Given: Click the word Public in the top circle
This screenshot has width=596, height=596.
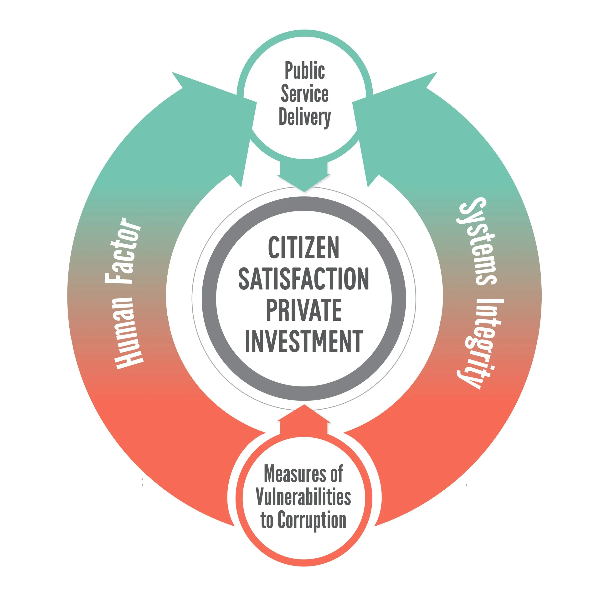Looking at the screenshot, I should coord(304,71).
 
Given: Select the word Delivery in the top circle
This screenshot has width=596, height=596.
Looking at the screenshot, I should coord(304,118).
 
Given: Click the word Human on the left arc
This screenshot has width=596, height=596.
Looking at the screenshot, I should coord(128,333).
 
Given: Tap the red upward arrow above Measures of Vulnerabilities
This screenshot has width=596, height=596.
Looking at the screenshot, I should coord(304,420).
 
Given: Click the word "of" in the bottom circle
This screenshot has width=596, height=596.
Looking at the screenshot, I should coord(336,474).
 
